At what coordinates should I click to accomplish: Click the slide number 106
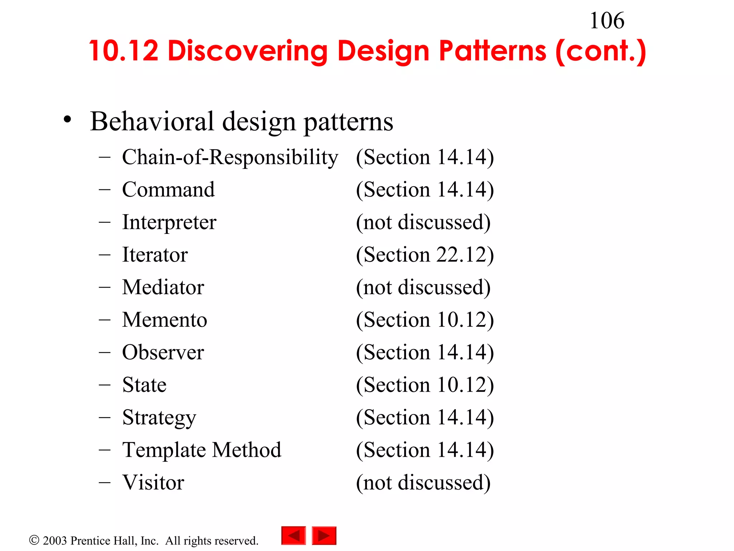[607, 21]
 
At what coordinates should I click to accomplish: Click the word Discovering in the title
[247, 51]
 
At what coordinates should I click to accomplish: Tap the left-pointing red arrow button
[294, 536]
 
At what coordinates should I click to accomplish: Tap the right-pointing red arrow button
[324, 536]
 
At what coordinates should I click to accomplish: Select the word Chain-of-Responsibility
[230, 157]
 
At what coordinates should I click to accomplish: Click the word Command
[168, 189]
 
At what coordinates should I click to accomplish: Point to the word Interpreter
[169, 222]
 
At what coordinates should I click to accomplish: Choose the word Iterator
[155, 255]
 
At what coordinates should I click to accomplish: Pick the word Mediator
[163, 287]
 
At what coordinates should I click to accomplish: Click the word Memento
[165, 320]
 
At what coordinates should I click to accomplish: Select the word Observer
[163, 352]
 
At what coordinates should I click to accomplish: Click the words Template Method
[202, 450]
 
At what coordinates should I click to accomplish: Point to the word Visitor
[153, 482]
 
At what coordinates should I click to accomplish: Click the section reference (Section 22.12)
[425, 255]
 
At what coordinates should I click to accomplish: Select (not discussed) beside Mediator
[423, 287]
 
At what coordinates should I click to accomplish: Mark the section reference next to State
[425, 385]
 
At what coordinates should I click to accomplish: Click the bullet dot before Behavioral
[67, 120]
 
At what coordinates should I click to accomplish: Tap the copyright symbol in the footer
[34, 540]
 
